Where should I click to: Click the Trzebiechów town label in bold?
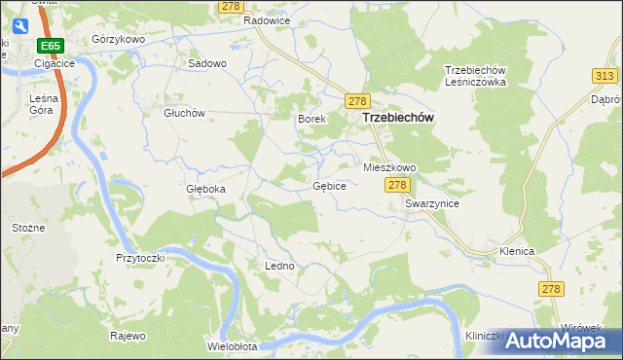(397, 118)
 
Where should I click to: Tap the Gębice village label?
(329, 185)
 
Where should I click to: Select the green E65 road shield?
(51, 46)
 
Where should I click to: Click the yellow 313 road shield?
(603, 76)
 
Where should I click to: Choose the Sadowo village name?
(206, 63)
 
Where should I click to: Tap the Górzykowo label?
(118, 39)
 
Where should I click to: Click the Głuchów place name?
(184, 112)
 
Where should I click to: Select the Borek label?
(310, 119)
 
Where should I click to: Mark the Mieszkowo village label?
(389, 167)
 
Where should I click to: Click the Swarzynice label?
(432, 203)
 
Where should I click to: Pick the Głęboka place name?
(205, 189)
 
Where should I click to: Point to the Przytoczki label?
(140, 258)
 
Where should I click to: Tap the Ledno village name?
(279, 265)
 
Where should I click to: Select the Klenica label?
(517, 251)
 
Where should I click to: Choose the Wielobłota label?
(232, 346)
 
